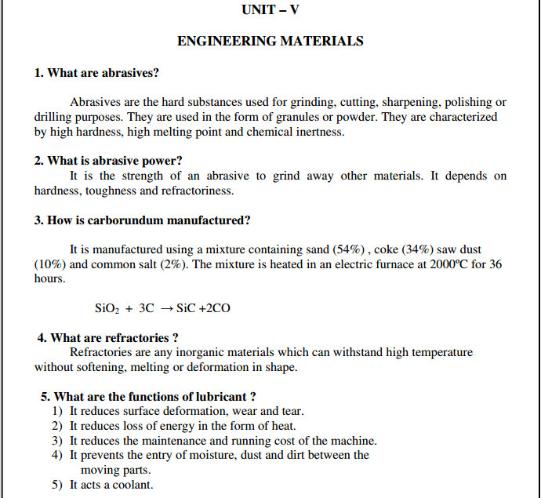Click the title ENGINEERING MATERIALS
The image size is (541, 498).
coord(270,42)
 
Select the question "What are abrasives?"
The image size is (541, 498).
coord(96,73)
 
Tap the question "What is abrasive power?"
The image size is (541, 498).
coord(108,161)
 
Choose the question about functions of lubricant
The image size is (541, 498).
coord(149,397)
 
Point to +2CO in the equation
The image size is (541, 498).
coord(216,308)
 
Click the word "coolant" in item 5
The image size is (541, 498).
coord(135,485)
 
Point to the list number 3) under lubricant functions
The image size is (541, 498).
coord(56,441)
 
